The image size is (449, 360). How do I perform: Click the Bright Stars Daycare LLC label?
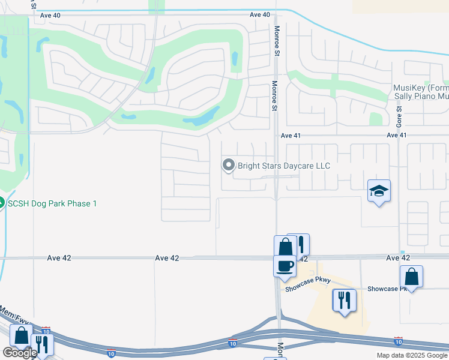pyautogui.click(x=284, y=166)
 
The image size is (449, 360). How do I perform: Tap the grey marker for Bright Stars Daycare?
pyautogui.click(x=228, y=165)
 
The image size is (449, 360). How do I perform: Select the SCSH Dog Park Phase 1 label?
pyautogui.click(x=52, y=203)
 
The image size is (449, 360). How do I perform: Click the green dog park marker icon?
pyautogui.click(x=1, y=203)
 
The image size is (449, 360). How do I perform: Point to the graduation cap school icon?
pyautogui.click(x=379, y=191)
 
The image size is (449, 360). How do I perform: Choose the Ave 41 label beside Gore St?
pyautogui.click(x=397, y=136)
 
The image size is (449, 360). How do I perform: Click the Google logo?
pyautogui.click(x=20, y=353)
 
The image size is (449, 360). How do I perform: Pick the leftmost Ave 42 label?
pyautogui.click(x=59, y=258)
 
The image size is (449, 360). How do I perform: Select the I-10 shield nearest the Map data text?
pyautogui.click(x=398, y=341)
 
